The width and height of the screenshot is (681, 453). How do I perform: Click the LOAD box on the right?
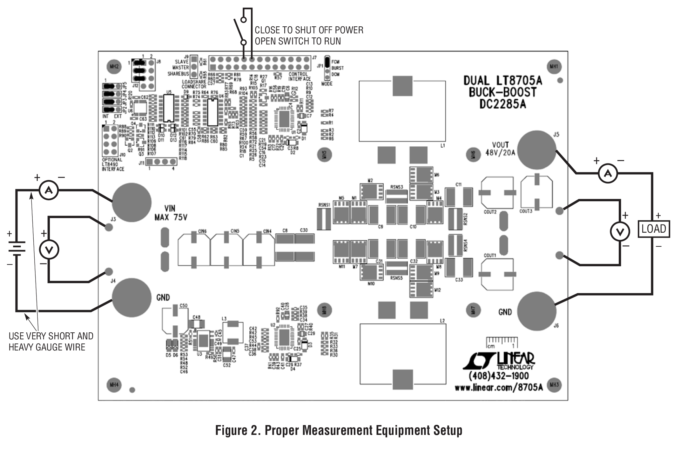(654, 229)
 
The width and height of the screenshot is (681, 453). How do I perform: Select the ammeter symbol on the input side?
(49, 190)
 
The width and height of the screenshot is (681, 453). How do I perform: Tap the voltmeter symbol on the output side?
(620, 231)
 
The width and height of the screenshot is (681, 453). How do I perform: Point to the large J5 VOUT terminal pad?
(537, 150)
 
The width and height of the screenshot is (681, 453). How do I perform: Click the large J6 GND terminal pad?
(537, 311)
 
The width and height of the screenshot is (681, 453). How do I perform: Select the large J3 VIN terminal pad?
(131, 202)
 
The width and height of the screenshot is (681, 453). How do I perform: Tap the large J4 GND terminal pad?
(131, 297)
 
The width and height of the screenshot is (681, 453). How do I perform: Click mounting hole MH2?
(114, 66)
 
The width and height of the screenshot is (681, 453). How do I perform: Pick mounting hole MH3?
(554, 385)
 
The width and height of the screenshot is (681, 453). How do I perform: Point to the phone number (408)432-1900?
(499, 376)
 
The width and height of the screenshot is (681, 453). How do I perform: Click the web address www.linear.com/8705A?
(499, 387)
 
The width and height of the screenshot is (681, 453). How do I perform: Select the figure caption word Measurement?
(338, 430)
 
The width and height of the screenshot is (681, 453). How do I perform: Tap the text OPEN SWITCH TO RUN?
(298, 41)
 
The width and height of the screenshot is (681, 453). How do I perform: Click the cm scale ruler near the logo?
(502, 342)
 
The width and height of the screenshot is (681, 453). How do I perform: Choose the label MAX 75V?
(171, 217)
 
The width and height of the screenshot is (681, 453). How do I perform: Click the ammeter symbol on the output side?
(608, 173)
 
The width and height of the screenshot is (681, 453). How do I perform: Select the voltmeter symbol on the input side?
(49, 250)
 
